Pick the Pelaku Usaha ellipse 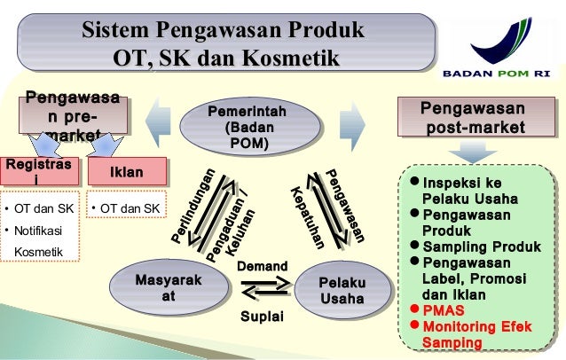341,289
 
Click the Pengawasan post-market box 471,119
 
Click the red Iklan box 126,171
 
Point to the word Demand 262,267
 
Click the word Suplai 262,317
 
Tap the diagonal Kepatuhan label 305,216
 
